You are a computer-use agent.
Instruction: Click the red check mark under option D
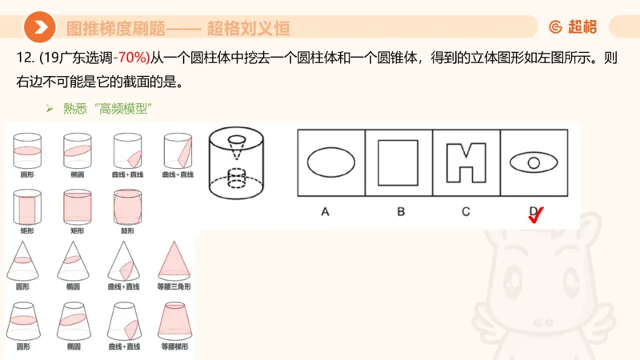[x=537, y=214]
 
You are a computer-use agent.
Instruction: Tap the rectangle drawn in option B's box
[x=398, y=162]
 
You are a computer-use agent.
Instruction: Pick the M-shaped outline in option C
[x=466, y=162]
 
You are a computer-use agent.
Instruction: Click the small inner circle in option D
[x=534, y=163]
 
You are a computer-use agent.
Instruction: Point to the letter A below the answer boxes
[x=325, y=211]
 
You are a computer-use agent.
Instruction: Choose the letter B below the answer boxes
[x=400, y=211]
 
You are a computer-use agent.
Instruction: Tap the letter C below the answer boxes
[x=466, y=211]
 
